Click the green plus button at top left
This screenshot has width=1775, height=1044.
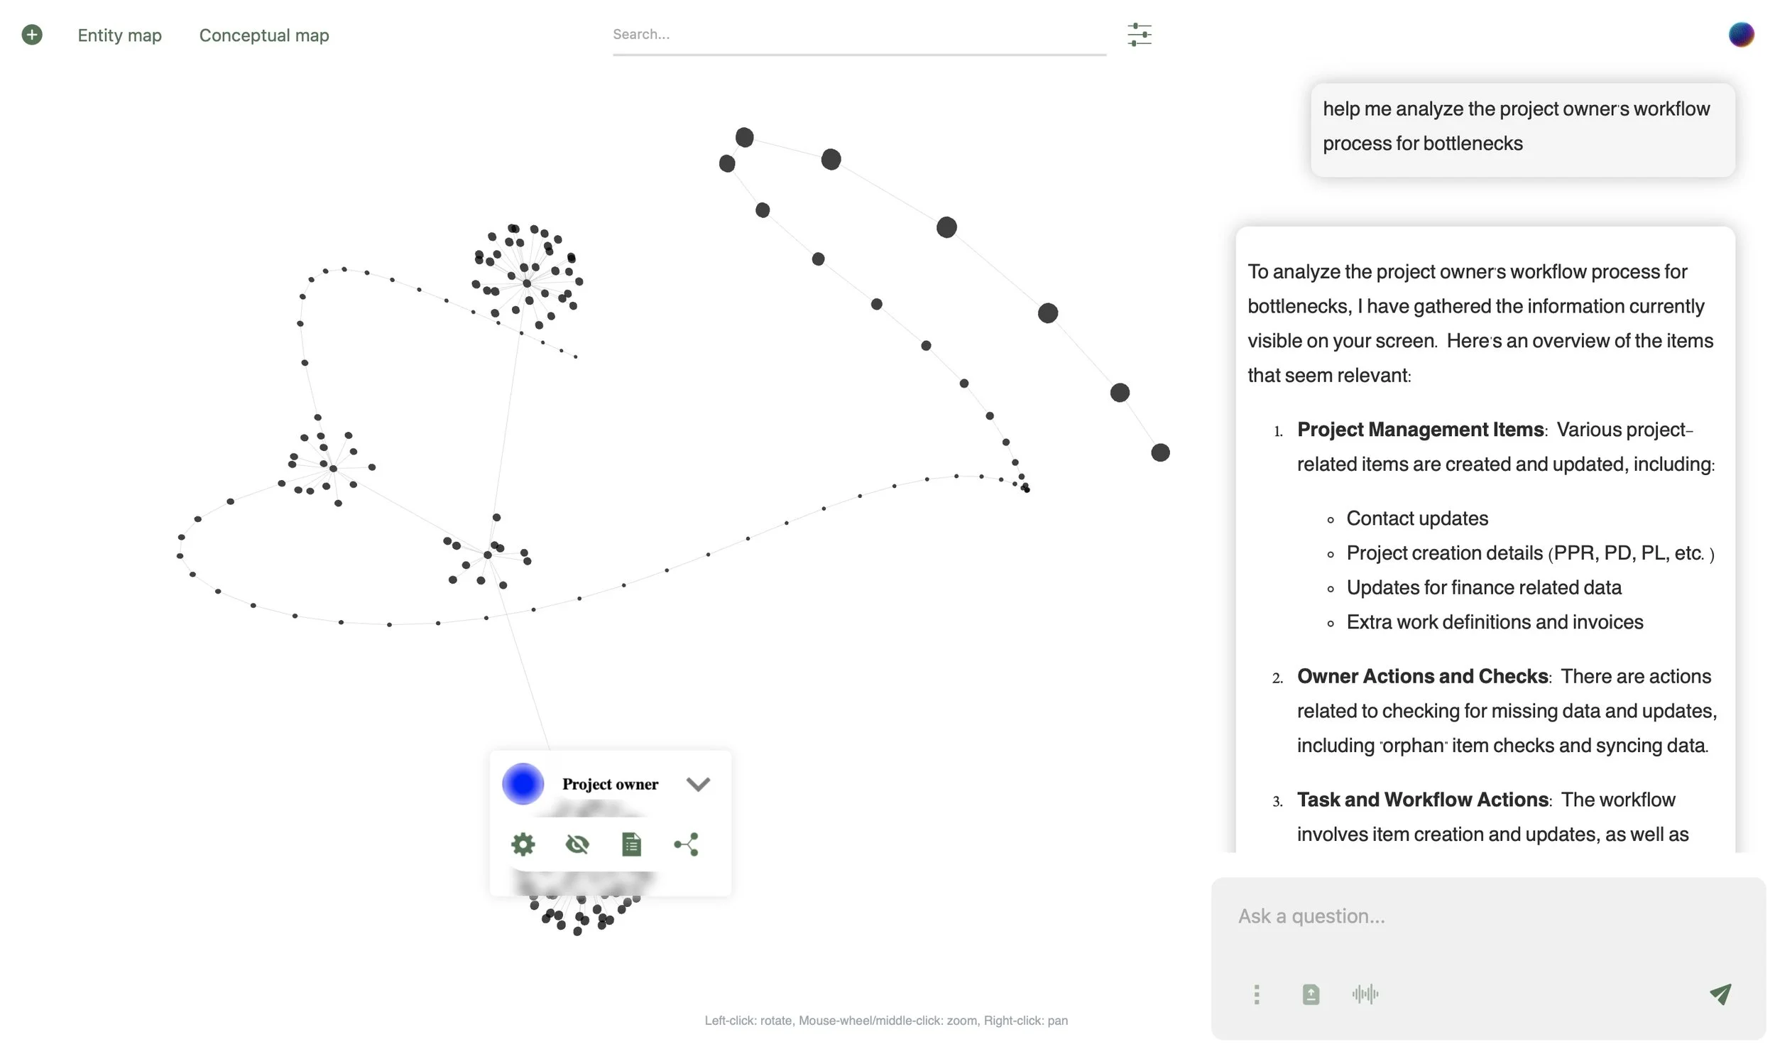(32, 34)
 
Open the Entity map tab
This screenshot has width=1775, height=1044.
(119, 35)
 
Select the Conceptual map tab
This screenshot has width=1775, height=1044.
(263, 35)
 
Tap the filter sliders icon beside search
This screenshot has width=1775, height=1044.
(1139, 34)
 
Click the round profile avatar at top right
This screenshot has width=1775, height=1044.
(1740, 34)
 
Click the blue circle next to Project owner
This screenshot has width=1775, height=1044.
(523, 783)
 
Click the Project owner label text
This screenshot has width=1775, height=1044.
(610, 783)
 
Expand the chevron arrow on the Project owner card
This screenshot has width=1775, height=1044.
(698, 784)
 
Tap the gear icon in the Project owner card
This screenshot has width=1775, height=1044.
(523, 844)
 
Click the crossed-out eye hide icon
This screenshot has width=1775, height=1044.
(577, 844)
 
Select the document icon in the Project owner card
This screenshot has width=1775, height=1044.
(631, 844)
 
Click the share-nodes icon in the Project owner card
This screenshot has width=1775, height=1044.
(686, 844)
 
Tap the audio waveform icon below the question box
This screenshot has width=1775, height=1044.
(1365, 994)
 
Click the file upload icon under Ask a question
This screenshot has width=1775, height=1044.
(1311, 994)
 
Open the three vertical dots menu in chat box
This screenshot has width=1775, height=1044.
(1257, 994)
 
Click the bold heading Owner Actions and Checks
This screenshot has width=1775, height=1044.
(1422, 676)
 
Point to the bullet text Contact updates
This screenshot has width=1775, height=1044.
(1416, 518)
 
